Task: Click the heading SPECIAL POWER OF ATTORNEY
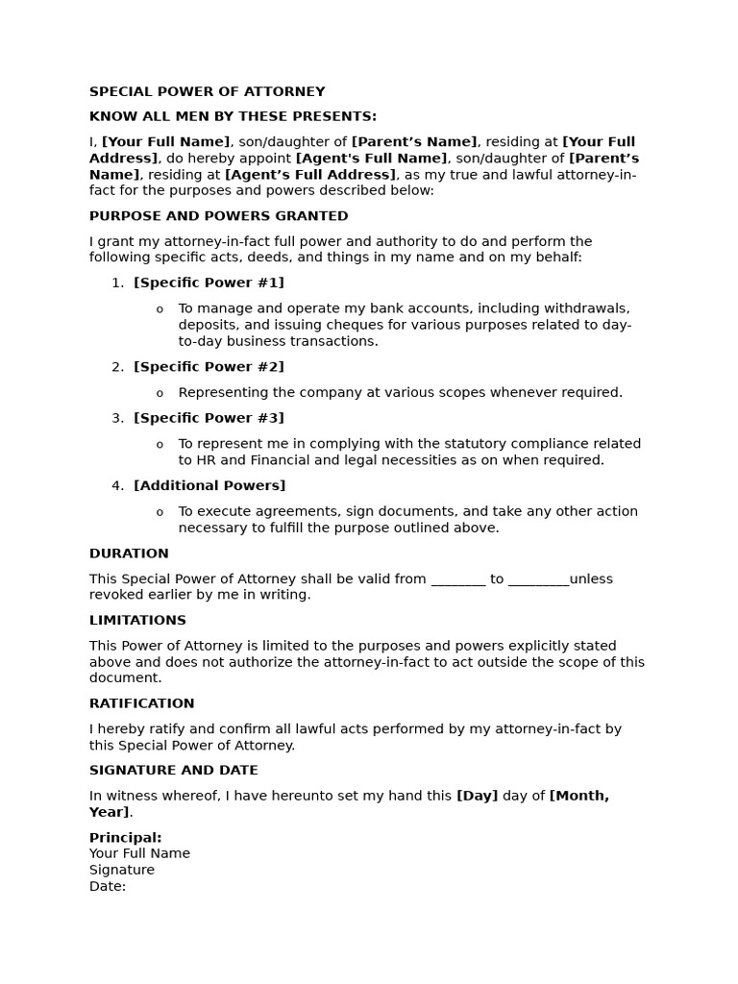[x=207, y=92]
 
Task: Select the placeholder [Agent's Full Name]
[x=371, y=159]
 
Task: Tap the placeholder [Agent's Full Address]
[x=310, y=175]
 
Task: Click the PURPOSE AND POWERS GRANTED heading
[x=218, y=216]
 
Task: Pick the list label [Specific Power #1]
[x=209, y=283]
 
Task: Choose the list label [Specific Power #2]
[x=209, y=367]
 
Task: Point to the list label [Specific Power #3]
[x=209, y=418]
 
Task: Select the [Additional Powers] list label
[x=209, y=486]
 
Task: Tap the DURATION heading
[x=129, y=553]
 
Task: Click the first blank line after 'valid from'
[x=458, y=579]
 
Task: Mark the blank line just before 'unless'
[x=538, y=579]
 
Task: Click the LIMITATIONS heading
[x=137, y=621]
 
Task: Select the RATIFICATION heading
[x=141, y=703]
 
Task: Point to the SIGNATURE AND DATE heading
[x=173, y=771]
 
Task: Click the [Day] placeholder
[x=477, y=796]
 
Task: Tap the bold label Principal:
[x=125, y=838]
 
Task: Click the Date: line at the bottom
[x=108, y=886]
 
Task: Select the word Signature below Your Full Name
[x=122, y=870]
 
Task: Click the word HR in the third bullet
[x=189, y=460]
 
